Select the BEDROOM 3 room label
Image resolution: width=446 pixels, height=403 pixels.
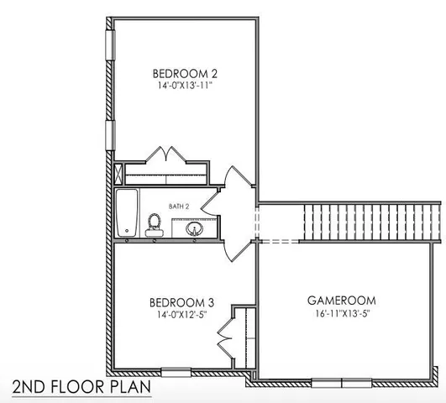[176, 302]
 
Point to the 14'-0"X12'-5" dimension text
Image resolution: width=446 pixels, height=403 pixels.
[176, 315]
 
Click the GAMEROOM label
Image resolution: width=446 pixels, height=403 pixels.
[340, 300]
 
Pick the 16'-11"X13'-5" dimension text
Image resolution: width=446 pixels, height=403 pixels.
[340, 313]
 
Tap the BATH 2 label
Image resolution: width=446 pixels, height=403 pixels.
[179, 206]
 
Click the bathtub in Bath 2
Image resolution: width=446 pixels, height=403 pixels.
[127, 213]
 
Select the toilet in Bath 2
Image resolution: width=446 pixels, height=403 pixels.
[154, 224]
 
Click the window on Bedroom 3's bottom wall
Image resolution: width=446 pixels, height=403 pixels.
[176, 371]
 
